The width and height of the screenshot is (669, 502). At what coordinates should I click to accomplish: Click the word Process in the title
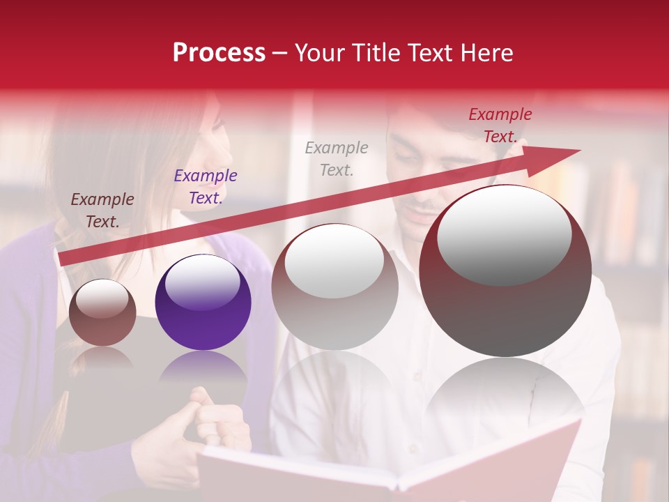click(219, 53)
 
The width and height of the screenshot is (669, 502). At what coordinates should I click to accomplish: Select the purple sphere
click(203, 302)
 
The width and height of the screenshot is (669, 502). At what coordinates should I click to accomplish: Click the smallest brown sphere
click(102, 312)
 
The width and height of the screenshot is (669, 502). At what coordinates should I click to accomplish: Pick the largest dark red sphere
click(505, 271)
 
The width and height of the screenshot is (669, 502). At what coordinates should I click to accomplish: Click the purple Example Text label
click(206, 187)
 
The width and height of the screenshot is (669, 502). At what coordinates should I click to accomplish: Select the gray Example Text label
click(337, 158)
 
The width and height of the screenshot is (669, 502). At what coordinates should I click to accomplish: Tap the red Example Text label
click(500, 125)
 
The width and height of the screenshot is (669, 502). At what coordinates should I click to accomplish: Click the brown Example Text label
click(102, 211)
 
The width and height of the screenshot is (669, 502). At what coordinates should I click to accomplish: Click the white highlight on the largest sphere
click(504, 235)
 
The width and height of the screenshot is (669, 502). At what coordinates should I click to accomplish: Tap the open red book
click(390, 464)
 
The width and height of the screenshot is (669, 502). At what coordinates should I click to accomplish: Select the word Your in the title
click(318, 53)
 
